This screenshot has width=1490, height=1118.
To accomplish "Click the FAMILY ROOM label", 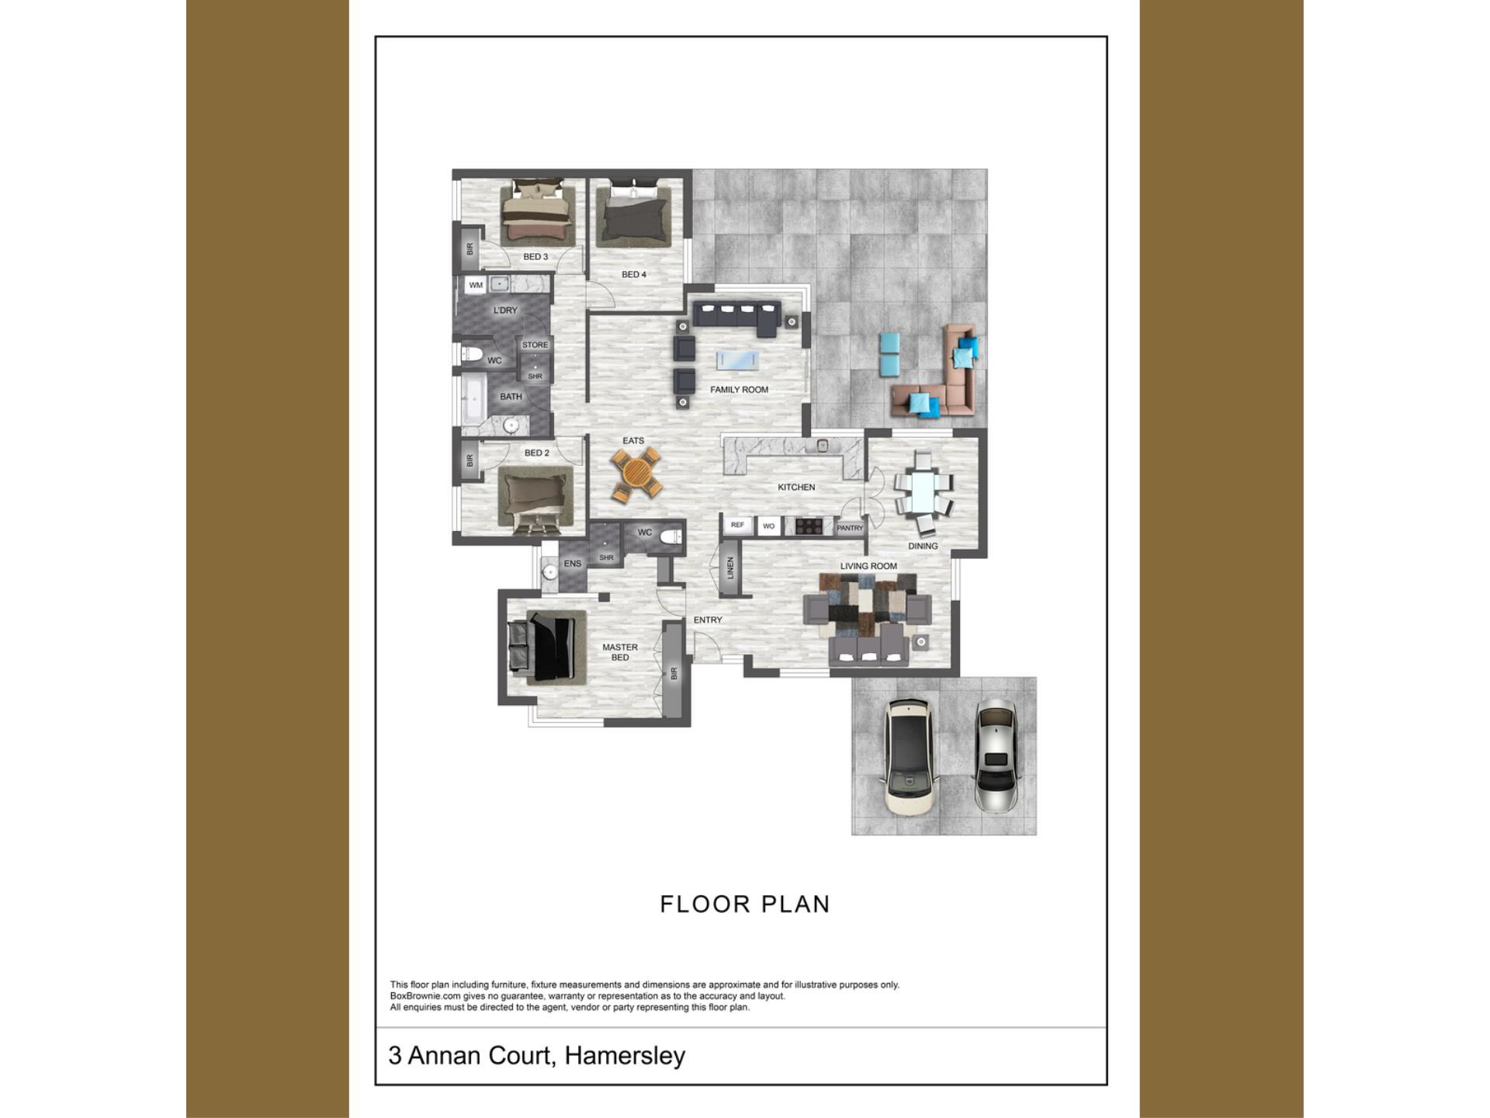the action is [x=739, y=390].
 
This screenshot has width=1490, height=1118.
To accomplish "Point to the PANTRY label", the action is [x=850, y=528].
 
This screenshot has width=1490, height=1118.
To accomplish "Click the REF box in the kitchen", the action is [x=737, y=526].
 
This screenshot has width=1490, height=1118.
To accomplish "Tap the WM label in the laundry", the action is [x=476, y=285].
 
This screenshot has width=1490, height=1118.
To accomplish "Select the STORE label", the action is [x=535, y=345].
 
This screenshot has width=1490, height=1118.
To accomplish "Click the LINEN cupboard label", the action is [x=729, y=568].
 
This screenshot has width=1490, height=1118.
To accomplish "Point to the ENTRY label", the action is [x=708, y=620].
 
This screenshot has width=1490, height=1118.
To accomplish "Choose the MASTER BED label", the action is [x=620, y=652].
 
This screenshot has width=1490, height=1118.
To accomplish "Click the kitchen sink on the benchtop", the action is [x=823, y=446].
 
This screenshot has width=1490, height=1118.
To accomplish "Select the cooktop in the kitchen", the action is [x=809, y=526].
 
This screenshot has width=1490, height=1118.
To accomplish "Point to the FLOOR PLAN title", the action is [x=745, y=904].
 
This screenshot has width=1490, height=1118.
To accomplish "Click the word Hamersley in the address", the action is [x=625, y=1056].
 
